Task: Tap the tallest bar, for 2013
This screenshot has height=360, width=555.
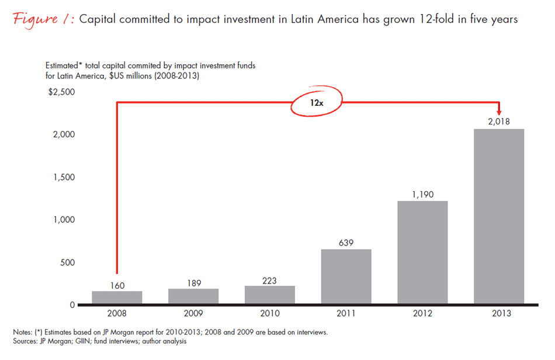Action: (x=499, y=217)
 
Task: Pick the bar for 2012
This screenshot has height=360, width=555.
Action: (x=422, y=253)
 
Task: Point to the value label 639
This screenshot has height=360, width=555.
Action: (x=346, y=242)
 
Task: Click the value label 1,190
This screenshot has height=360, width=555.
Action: (x=422, y=194)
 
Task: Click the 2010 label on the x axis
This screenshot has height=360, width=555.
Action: (x=270, y=313)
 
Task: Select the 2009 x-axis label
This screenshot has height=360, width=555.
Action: (x=193, y=313)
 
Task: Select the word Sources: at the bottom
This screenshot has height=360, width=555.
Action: (x=26, y=340)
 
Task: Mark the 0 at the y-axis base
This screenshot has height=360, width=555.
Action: (x=72, y=305)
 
